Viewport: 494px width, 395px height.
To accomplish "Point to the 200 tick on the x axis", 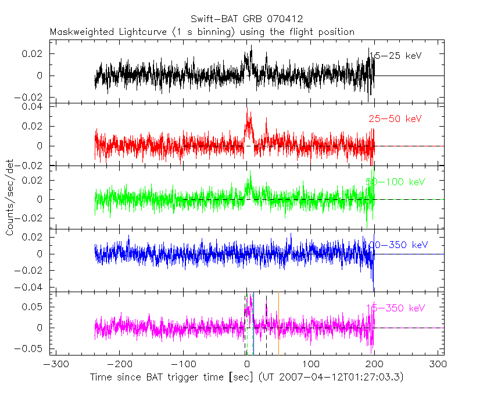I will (374, 364).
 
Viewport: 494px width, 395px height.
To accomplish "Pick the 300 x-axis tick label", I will (438, 364).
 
